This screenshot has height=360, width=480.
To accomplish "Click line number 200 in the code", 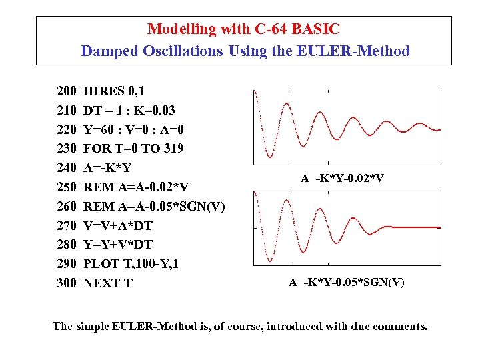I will (67, 91).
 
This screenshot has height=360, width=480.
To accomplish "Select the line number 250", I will (67, 187).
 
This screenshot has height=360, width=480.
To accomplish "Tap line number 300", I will (67, 283).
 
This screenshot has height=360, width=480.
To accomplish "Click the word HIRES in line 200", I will (104, 91).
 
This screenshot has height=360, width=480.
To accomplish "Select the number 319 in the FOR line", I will (173, 148).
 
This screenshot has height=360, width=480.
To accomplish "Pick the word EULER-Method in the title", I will (359, 51).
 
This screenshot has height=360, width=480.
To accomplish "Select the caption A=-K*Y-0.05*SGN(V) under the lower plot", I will (347, 282).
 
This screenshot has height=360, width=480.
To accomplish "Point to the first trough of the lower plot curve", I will (270, 261).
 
